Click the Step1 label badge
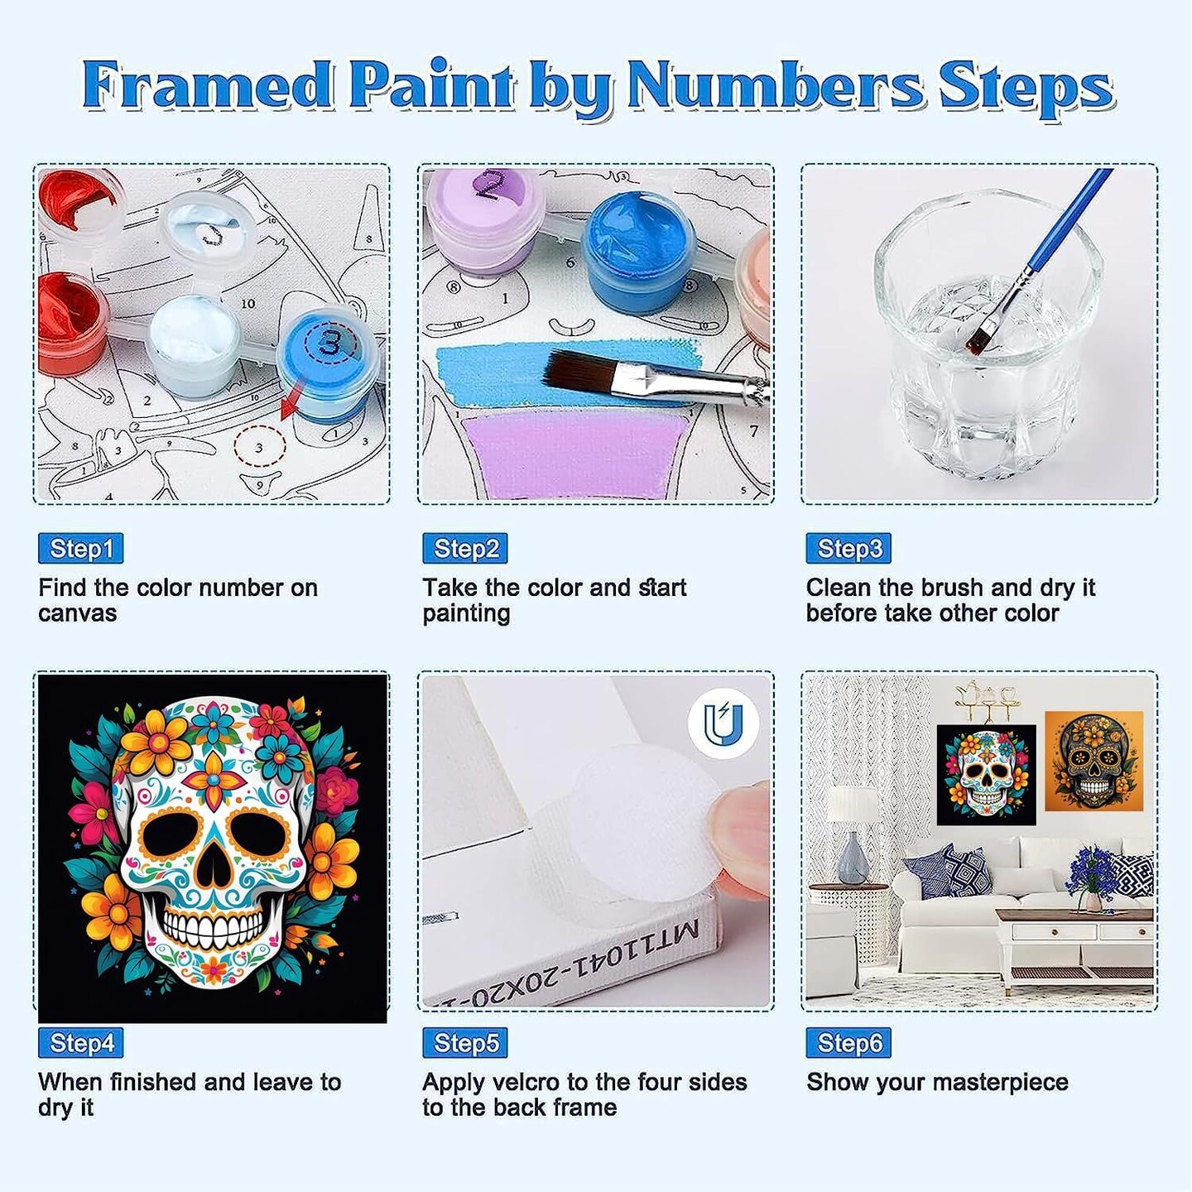[80, 548]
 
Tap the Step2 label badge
[464, 548]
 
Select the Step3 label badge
[848, 548]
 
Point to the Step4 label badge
[80, 1043]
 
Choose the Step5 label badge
[464, 1043]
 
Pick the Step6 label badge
[848, 1043]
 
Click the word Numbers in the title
[775, 86]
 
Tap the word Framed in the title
[207, 84]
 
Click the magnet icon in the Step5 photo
[722, 722]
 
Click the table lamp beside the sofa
[853, 832]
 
